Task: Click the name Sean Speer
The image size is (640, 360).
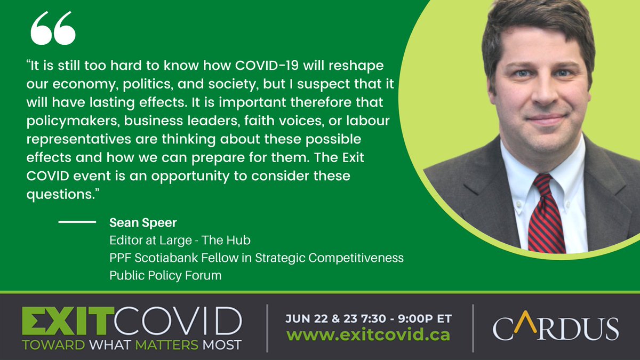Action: [135, 222]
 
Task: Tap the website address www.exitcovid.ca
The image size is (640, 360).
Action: [367, 335]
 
